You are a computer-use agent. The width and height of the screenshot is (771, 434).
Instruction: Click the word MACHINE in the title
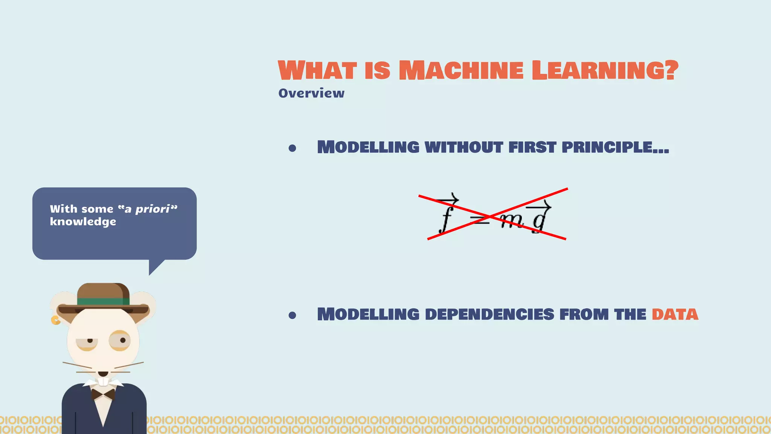[461, 70]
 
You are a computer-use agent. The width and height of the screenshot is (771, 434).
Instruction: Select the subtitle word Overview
[311, 93]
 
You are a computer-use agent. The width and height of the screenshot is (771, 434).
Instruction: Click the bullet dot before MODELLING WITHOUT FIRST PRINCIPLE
[292, 148]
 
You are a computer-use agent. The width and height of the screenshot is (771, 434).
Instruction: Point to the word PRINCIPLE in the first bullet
[615, 147]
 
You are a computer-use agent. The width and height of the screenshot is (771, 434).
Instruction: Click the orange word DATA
[675, 315]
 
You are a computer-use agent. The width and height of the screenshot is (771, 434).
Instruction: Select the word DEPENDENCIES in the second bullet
[489, 315]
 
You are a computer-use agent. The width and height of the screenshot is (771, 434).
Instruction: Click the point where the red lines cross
[490, 217]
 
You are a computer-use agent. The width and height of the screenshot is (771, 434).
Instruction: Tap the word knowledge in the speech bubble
[83, 222]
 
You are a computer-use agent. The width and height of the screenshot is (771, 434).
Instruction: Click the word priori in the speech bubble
[152, 209]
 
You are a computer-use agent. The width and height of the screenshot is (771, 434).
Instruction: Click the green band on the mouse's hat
[103, 301]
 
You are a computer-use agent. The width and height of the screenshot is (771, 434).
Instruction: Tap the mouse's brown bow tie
[103, 394]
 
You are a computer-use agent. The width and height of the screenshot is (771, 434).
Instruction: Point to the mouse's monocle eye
[120, 341]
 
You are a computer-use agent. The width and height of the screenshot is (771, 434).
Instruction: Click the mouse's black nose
[103, 374]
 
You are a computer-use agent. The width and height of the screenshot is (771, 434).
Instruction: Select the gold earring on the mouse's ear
[55, 320]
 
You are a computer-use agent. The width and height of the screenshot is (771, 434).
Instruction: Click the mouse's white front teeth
[103, 382]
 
